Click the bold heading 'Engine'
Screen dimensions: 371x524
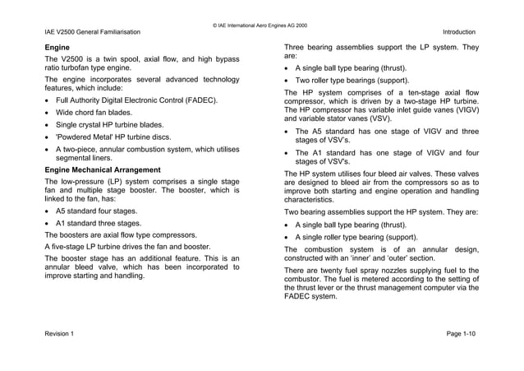click(x=57, y=49)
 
